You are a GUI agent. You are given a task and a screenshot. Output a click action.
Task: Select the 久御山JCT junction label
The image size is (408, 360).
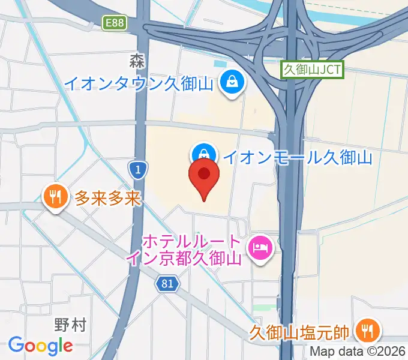(312, 70)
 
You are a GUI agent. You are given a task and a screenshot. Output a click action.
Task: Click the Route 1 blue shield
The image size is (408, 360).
(138, 170)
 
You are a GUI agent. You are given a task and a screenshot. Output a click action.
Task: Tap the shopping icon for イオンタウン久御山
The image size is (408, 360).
(231, 81)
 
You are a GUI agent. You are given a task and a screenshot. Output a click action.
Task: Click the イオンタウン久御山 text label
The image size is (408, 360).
(139, 83)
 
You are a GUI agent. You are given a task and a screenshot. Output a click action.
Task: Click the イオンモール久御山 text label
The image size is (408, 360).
(298, 157)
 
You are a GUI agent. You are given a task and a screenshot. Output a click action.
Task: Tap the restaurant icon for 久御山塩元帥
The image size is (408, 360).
(365, 329)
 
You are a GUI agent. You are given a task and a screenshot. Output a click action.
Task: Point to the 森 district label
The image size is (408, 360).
(137, 60)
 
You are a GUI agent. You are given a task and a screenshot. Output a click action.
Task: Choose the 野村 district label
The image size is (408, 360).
(70, 326)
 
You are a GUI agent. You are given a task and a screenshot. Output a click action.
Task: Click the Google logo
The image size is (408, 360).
(41, 345)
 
